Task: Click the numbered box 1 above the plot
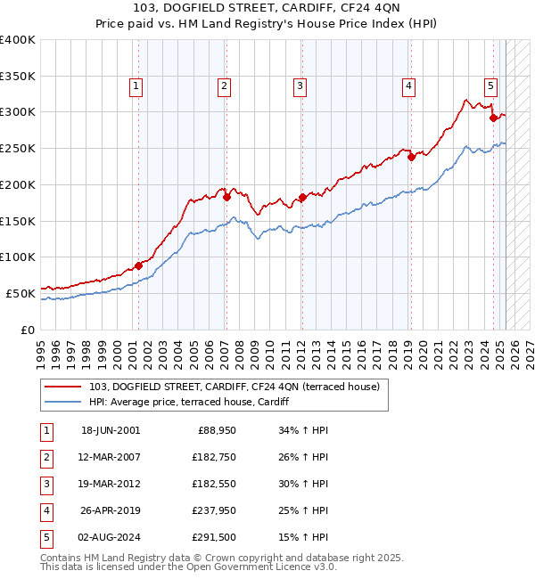[136, 86]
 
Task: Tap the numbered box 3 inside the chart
[300, 86]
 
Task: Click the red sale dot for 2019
[411, 158]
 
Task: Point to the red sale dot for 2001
[139, 265]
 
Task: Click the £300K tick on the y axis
[18, 112]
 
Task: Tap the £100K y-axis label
[18, 257]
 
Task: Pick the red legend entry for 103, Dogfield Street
[235, 387]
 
